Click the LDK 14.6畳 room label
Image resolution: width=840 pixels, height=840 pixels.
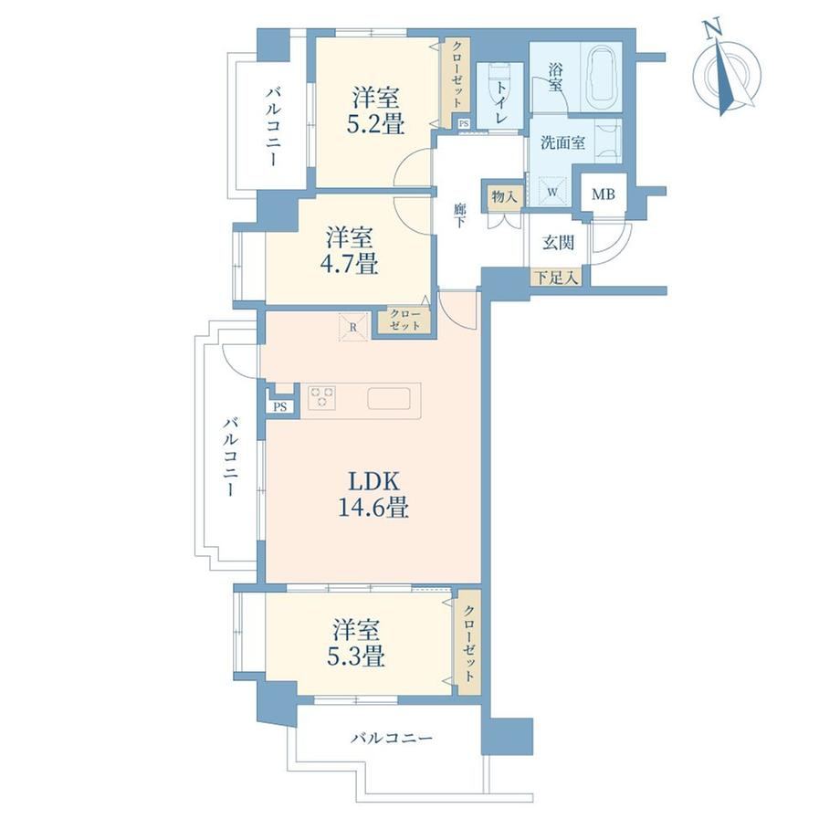373,494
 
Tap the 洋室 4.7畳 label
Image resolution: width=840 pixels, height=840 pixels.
350,251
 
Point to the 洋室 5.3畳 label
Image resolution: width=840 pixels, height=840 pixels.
356,643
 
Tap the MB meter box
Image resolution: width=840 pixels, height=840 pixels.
604,194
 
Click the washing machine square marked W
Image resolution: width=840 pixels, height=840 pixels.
552,191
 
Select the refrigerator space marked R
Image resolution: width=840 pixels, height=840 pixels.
353,327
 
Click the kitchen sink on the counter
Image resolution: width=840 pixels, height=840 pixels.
388,399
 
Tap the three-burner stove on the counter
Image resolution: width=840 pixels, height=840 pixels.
322,397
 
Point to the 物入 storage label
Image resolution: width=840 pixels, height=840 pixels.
505,196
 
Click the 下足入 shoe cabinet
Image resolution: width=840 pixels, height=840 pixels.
557,278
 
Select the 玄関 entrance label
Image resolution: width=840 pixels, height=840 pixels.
558,243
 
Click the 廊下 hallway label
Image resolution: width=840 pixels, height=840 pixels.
459,215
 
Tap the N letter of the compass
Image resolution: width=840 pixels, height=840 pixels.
711,30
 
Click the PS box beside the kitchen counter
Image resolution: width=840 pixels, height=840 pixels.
279,406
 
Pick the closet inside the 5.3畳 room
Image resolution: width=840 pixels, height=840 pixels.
467,642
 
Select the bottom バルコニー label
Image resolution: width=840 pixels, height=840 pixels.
392,739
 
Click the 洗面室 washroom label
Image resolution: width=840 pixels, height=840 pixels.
562,142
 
